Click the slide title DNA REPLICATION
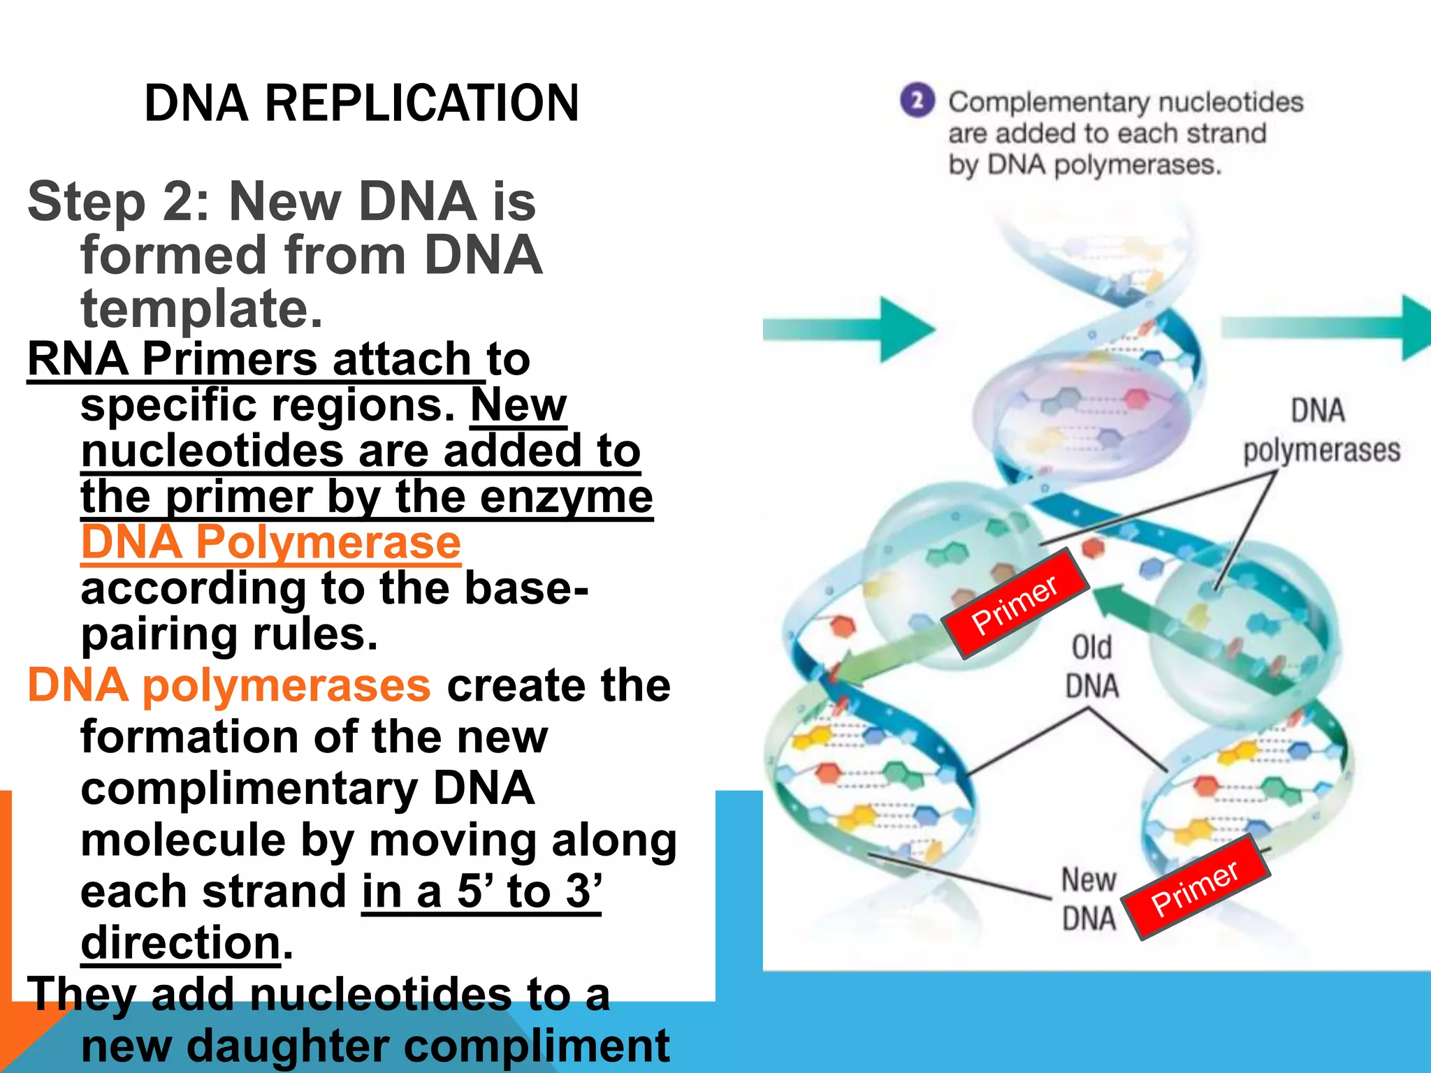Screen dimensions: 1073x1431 (x=361, y=103)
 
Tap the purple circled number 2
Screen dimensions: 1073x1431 (x=917, y=101)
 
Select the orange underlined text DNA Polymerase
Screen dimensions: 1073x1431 (x=271, y=542)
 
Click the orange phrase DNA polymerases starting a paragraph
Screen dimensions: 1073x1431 (x=229, y=685)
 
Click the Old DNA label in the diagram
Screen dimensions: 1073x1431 (x=1091, y=666)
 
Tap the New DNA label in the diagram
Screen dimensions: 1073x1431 (x=1089, y=898)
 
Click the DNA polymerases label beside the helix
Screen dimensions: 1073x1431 (x=1321, y=430)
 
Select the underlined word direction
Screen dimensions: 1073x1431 (x=181, y=943)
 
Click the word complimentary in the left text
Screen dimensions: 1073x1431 (x=249, y=788)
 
